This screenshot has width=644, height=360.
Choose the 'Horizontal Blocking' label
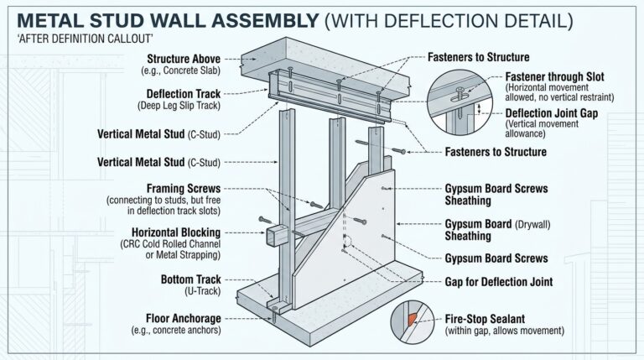point(175,232)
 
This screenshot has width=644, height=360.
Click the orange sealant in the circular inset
point(411,321)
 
